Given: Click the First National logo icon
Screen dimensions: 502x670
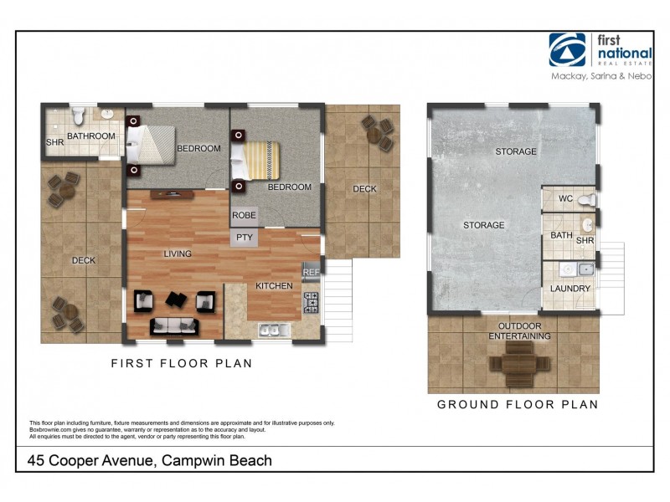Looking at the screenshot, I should pyautogui.click(x=567, y=49).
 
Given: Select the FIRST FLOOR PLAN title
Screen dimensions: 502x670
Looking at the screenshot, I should pyautogui.click(x=182, y=364).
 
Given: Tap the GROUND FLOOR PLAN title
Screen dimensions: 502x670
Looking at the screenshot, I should pyautogui.click(x=518, y=405).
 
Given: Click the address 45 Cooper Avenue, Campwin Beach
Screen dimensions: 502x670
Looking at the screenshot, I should pyautogui.click(x=150, y=460).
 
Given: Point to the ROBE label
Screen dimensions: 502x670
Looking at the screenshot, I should pyautogui.click(x=244, y=216).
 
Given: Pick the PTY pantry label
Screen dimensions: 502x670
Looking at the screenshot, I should pyautogui.click(x=244, y=238).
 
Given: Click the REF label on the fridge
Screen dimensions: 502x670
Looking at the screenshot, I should pyautogui.click(x=310, y=271).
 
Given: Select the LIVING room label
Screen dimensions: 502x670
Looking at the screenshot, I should pyautogui.click(x=178, y=254).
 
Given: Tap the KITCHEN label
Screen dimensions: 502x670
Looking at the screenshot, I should pyautogui.click(x=274, y=286).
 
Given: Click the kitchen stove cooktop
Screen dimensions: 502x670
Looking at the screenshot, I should pyautogui.click(x=312, y=301).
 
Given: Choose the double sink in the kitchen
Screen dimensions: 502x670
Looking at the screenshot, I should pyautogui.click(x=270, y=330).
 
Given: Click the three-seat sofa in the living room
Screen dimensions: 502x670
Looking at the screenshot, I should pyautogui.click(x=176, y=325).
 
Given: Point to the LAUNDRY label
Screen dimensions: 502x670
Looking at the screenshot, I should pyautogui.click(x=569, y=289).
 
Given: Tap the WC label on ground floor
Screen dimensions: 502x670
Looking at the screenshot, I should pyautogui.click(x=564, y=199).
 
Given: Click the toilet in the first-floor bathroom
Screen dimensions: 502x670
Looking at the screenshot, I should pyautogui.click(x=79, y=114).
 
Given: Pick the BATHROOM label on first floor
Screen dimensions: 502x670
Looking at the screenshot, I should pyautogui.click(x=90, y=136).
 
